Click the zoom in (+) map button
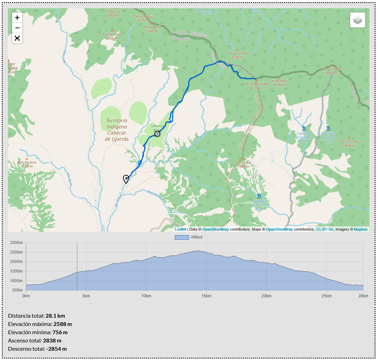point(17,18)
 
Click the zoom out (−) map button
point(17,28)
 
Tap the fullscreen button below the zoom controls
point(17,38)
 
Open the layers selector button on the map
point(358,20)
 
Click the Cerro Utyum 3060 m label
point(332,71)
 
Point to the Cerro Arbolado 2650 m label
point(256,86)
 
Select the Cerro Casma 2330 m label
point(237,55)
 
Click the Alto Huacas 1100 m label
point(27,164)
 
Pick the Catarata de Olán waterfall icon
point(328,128)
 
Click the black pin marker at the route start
point(126,179)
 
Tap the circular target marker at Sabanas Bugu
point(157,134)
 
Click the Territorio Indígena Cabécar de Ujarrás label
point(117,130)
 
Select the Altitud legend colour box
point(181,237)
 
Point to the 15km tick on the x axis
point(206,296)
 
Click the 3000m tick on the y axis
point(16,243)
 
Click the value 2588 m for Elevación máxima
point(62,324)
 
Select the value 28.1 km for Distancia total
point(55,316)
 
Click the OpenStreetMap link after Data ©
point(216,229)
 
